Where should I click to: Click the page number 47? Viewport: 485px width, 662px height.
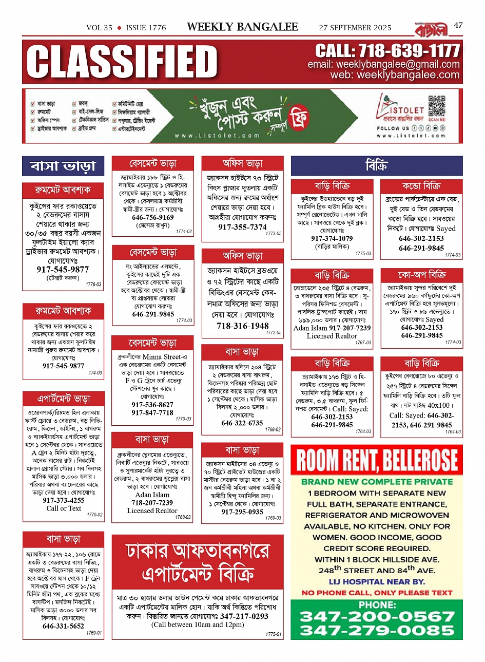458,25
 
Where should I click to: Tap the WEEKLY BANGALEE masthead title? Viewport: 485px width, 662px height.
242,27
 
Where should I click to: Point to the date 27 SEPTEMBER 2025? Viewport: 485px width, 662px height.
355,28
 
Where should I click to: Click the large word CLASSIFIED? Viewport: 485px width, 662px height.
122,62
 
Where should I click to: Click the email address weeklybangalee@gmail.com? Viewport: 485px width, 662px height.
383,65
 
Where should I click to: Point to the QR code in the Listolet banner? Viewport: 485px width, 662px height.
437,107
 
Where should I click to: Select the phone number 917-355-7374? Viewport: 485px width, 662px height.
242,227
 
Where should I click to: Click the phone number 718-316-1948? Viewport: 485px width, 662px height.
242,326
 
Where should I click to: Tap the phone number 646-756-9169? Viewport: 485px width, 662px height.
153,217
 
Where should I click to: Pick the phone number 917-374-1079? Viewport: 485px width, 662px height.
332,238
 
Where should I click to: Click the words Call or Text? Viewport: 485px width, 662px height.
64,508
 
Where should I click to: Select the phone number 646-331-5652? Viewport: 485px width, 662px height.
63,626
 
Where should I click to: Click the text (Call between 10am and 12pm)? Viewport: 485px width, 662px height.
198,625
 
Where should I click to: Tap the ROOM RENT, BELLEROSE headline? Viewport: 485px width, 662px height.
377,460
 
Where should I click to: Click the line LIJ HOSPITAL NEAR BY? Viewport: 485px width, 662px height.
377,582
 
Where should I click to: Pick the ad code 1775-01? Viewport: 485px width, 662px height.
273,635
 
